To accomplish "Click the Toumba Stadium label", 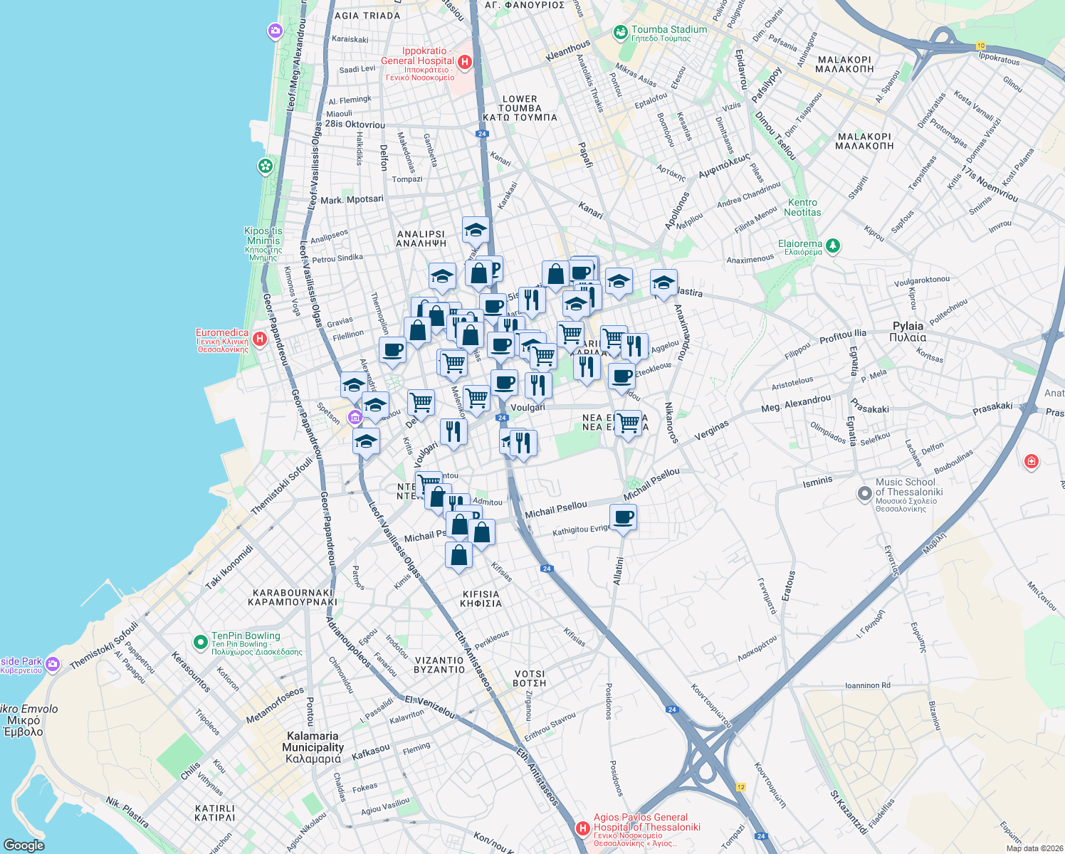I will tap(668, 30).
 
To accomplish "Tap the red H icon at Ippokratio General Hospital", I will tap(465, 62).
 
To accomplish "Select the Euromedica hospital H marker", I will tap(260, 339).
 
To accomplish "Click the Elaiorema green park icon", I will tap(832, 246).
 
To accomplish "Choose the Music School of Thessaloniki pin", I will tap(864, 492).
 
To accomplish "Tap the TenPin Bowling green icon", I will tap(202, 641).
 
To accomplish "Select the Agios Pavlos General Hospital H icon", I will tap(583, 828).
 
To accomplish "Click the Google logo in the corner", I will tap(23, 845).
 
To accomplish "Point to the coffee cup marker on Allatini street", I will tap(623, 517).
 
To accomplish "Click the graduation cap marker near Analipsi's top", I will tap(476, 230).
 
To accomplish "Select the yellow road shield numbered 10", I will tap(981, 46).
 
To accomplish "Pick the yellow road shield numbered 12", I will tap(740, 786).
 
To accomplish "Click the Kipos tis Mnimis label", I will tap(263, 236).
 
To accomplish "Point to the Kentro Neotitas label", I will tap(802, 207).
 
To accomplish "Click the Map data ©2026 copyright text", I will tap(1032, 848).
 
